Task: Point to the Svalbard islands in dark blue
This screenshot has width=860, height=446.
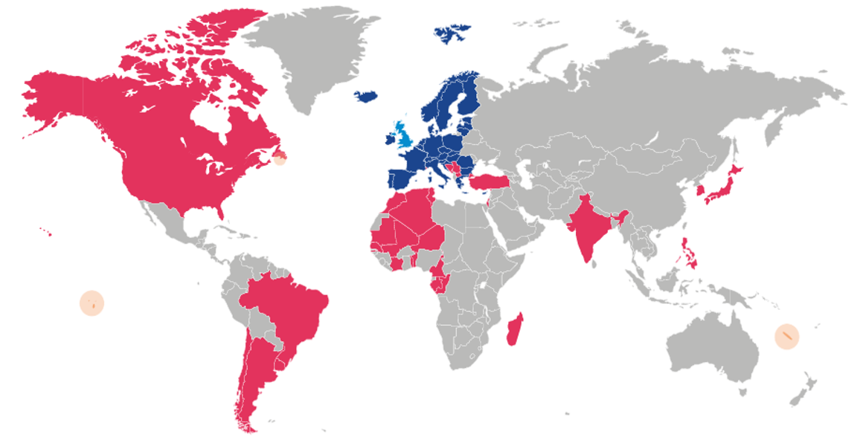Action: point(450,33)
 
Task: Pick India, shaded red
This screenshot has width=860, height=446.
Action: point(588,223)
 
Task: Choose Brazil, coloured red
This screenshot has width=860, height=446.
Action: point(290,305)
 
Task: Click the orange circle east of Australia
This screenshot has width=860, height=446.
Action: point(786,336)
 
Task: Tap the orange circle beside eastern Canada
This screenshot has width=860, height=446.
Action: point(279,157)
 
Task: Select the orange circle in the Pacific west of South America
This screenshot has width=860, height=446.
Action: point(92,303)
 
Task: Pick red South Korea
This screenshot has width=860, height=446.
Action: point(700,191)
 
